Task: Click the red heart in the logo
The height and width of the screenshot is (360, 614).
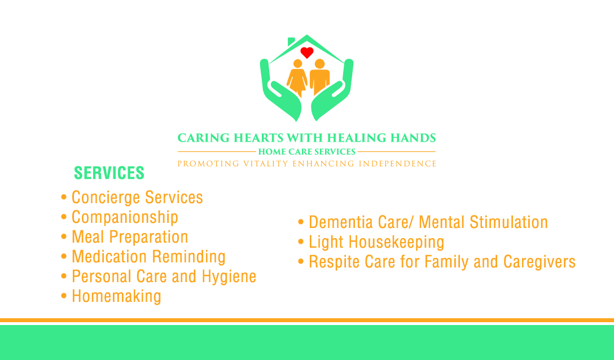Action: click(307, 52)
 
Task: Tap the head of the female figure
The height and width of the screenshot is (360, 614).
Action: click(297, 63)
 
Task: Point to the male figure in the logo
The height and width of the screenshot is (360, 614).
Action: click(319, 77)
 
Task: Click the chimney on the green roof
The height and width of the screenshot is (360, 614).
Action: click(291, 41)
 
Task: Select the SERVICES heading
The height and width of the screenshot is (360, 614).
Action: click(109, 173)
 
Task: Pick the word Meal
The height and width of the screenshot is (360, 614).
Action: click(87, 237)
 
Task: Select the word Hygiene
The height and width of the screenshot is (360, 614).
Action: click(229, 277)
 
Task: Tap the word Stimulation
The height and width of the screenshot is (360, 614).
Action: click(508, 222)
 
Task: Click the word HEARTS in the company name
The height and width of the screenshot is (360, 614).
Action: click(258, 138)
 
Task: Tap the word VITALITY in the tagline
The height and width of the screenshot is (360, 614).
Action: click(266, 164)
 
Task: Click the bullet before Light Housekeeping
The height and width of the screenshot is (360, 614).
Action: click(301, 242)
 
